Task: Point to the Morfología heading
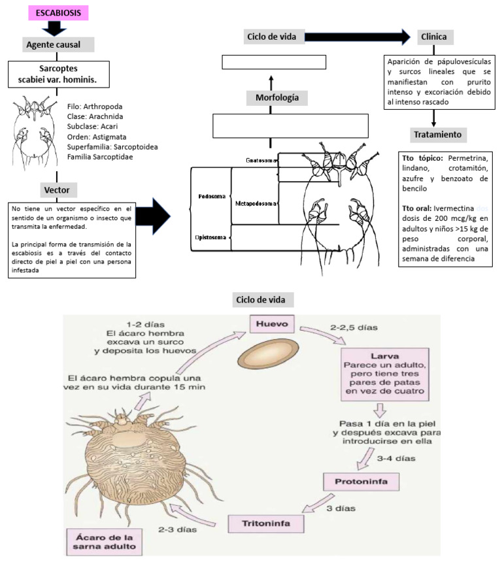(273, 98)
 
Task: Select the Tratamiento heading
(437, 135)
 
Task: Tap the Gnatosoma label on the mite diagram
(260, 159)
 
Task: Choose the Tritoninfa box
(259, 524)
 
